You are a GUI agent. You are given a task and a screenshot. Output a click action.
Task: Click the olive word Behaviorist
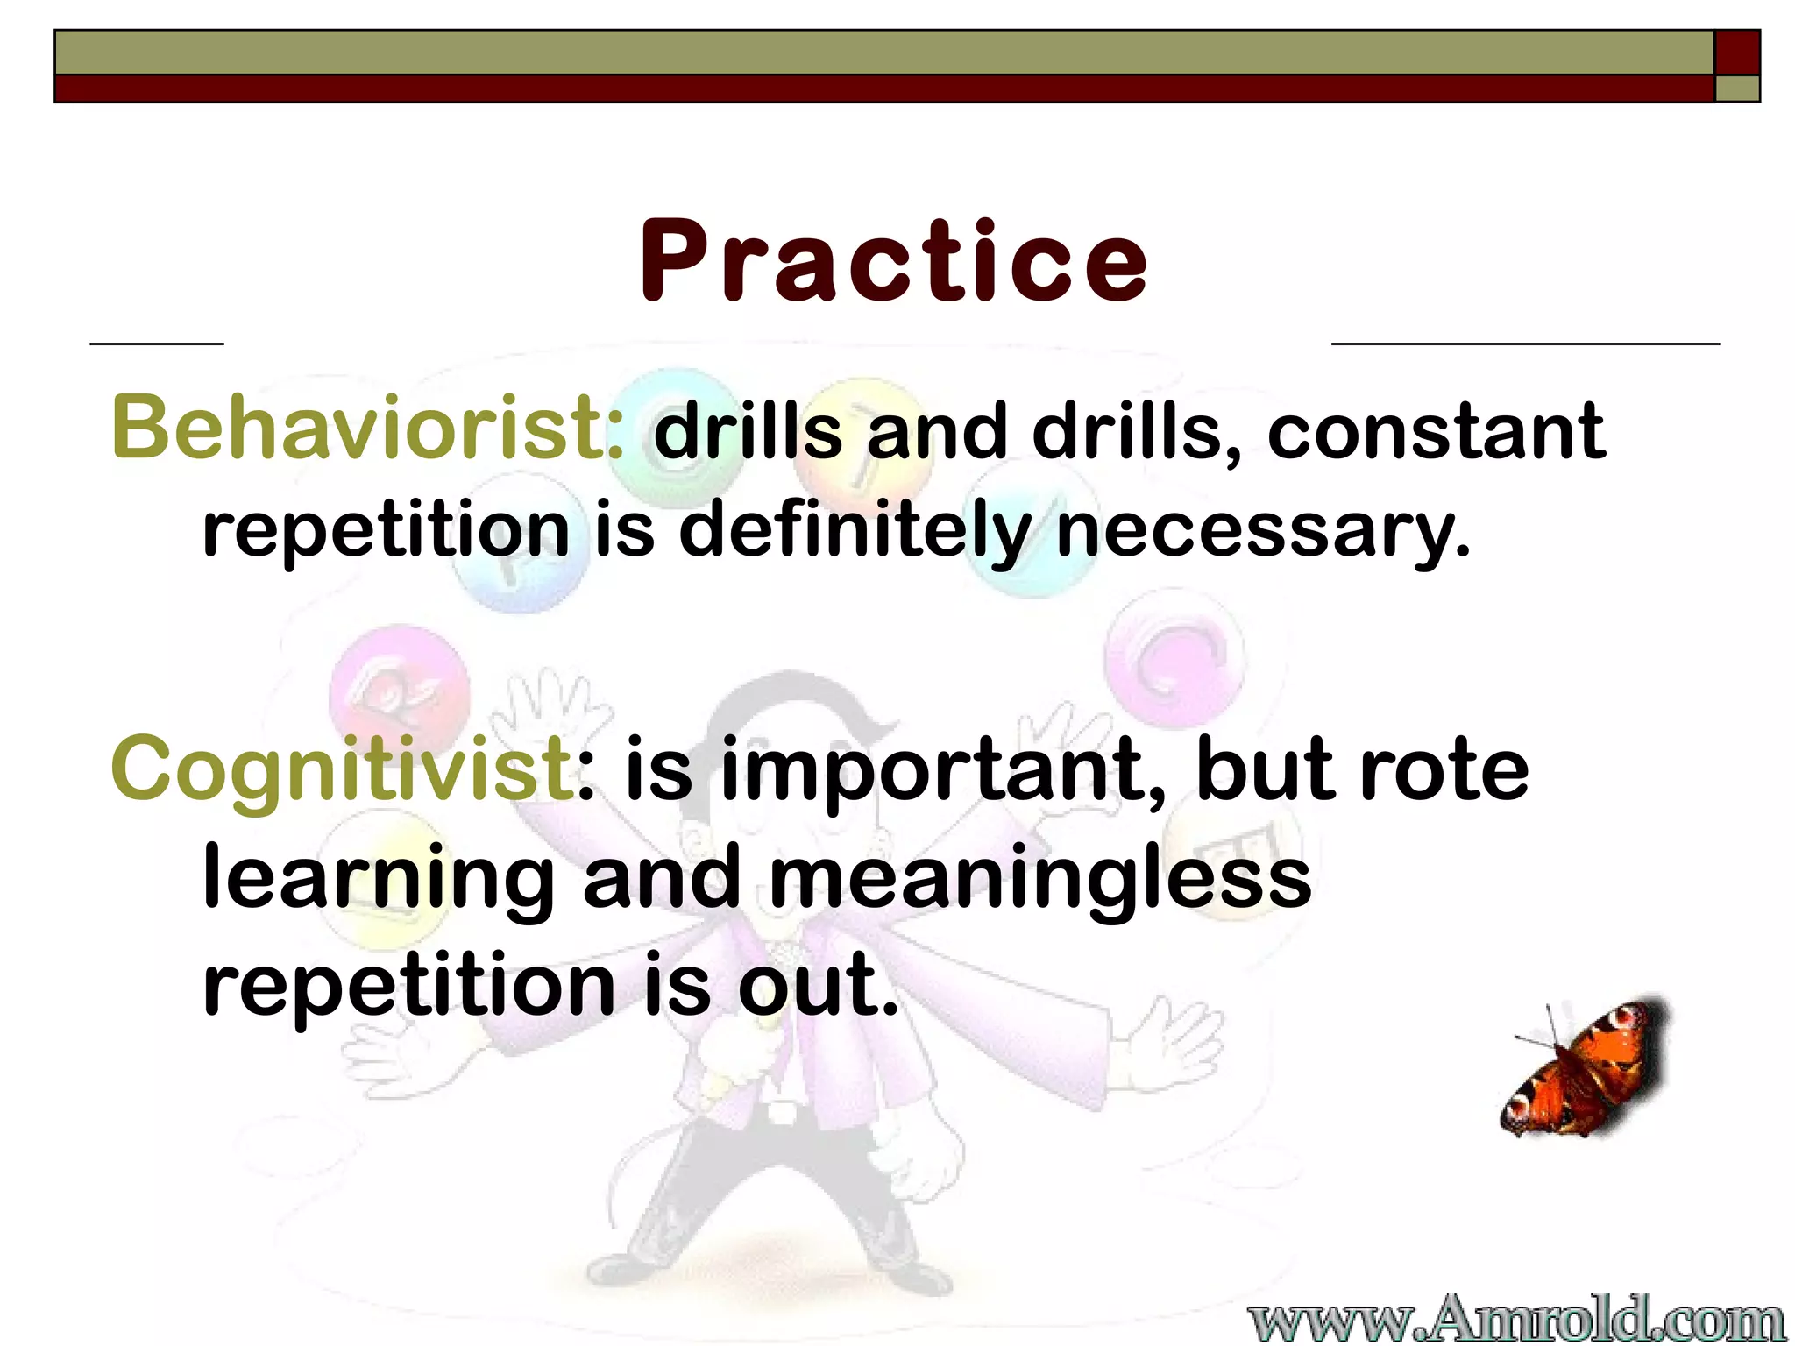[x=366, y=428]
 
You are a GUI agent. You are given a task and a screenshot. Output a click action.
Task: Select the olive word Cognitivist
[x=342, y=769]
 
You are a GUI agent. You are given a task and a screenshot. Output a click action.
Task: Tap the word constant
[x=1436, y=431]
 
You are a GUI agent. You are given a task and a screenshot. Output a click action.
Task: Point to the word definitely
[x=855, y=530]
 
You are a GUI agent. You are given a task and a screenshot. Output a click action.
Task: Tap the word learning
[x=379, y=879]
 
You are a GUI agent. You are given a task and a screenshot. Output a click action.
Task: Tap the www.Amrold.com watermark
[x=1516, y=1319]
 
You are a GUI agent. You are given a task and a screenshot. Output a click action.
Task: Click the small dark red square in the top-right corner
[x=1737, y=52]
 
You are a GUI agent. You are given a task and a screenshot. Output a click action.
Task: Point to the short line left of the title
[x=157, y=344]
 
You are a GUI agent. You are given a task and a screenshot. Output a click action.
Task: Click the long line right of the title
[x=1525, y=344]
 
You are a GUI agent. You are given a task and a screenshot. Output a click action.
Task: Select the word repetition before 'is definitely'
[x=386, y=530]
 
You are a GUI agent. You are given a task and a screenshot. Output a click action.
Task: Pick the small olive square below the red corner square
[x=1737, y=89]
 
